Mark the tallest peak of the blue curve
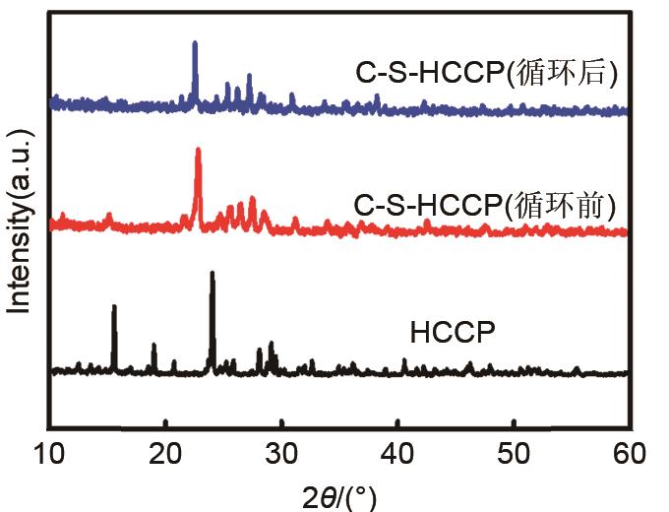(x=195, y=44)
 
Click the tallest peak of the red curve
(x=199, y=151)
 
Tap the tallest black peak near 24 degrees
(x=212, y=274)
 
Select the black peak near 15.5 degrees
(x=114, y=307)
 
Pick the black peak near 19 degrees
(x=153, y=346)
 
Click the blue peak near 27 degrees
(x=249, y=76)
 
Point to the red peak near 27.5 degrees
(x=253, y=200)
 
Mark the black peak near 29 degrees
(x=272, y=344)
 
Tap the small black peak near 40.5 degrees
(x=404, y=361)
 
